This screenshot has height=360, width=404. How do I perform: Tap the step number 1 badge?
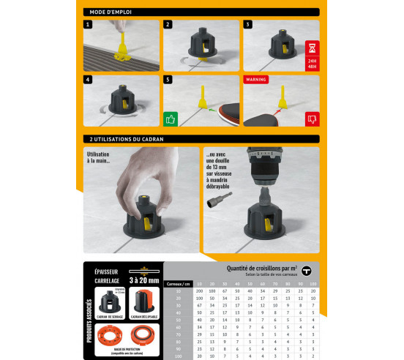pos(88,24)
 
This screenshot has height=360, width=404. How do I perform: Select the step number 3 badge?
pos(247,24)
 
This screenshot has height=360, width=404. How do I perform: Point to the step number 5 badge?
pos(168,79)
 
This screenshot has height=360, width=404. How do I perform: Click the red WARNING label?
pos(255,78)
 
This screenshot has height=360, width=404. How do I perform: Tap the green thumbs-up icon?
pos(171,118)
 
